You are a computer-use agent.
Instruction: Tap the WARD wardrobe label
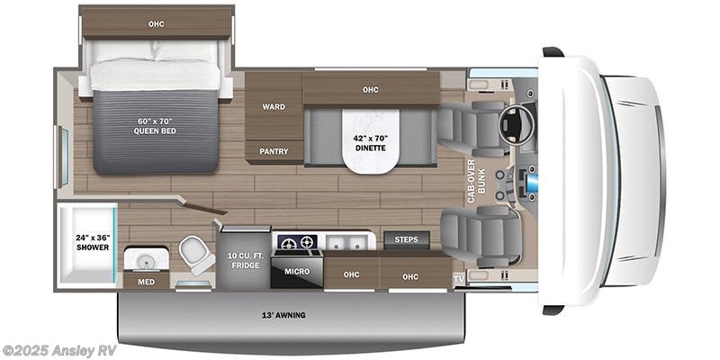(x=274, y=107)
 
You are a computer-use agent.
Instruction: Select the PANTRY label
(x=274, y=151)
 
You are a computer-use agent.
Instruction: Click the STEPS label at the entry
(x=407, y=239)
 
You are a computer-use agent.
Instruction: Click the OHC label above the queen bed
(x=157, y=23)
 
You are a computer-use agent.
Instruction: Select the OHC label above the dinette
(x=370, y=89)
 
